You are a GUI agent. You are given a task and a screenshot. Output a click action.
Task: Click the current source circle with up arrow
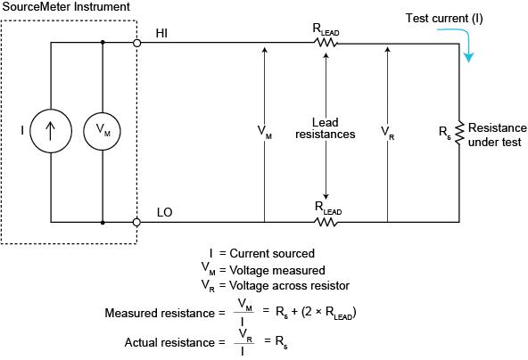(x=49, y=131)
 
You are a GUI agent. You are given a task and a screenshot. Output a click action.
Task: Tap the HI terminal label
(x=162, y=32)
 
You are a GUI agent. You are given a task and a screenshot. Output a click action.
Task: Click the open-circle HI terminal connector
(x=137, y=42)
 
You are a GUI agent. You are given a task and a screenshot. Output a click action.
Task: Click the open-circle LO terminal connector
(x=137, y=222)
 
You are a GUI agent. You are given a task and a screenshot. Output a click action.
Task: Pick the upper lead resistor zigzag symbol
(x=326, y=42)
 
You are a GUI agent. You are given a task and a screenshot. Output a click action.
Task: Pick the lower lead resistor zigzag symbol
(x=326, y=222)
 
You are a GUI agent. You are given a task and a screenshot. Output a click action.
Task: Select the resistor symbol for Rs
(x=460, y=132)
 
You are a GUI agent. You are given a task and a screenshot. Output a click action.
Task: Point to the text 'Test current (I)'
(x=444, y=18)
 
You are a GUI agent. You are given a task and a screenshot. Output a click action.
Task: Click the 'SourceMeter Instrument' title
(x=66, y=7)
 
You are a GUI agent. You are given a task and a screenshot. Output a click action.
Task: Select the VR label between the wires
(x=388, y=131)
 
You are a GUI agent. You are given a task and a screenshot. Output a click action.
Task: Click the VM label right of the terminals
(x=265, y=131)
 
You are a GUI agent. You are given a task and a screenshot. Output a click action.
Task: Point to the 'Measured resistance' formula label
(x=160, y=313)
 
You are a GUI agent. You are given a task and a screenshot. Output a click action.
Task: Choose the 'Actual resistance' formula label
(x=169, y=342)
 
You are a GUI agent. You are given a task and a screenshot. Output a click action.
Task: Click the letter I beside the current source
(x=22, y=131)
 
